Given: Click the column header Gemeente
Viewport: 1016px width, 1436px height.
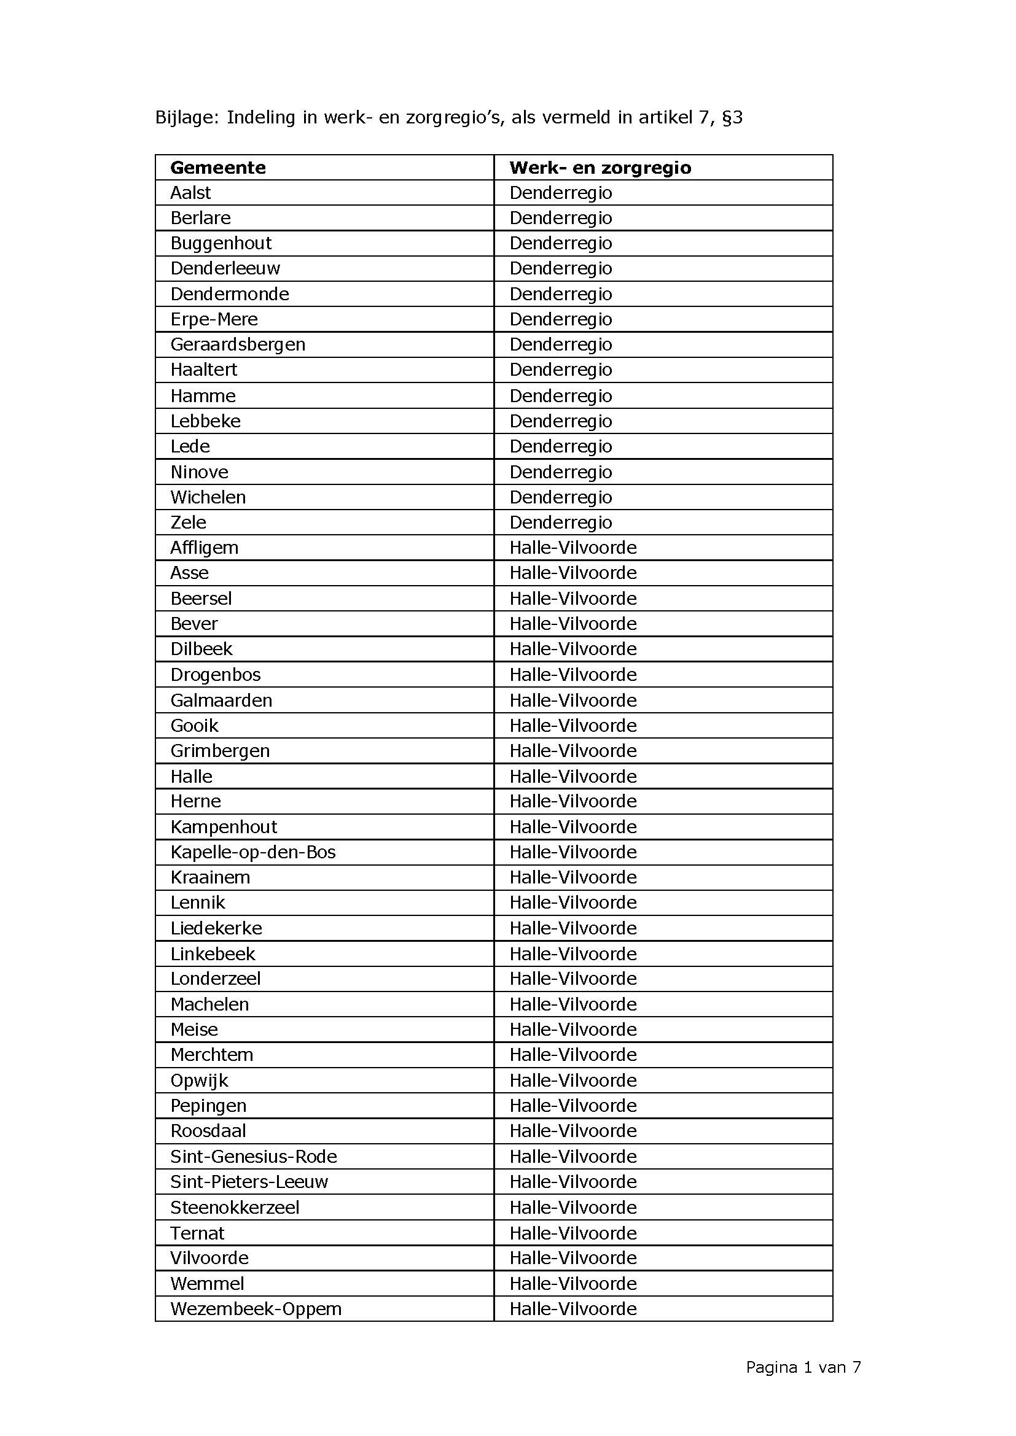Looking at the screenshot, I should (x=217, y=168).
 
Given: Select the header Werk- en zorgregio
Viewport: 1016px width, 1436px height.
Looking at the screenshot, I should (x=600, y=168).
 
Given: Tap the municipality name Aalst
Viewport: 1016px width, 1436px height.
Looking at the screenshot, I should (x=191, y=193).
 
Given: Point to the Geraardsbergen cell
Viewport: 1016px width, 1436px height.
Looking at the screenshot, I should (x=238, y=344).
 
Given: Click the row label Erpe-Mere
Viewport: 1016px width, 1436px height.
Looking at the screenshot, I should (x=214, y=319).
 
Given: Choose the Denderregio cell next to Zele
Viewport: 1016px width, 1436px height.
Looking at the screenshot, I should (x=561, y=522).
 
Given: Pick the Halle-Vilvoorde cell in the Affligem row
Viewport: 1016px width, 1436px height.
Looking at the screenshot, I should (x=572, y=548).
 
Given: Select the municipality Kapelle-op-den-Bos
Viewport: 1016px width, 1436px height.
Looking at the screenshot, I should (x=252, y=852).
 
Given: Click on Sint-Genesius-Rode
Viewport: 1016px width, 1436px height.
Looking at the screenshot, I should (x=253, y=1157).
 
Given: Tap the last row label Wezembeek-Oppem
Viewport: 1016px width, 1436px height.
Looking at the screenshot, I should (x=256, y=1308).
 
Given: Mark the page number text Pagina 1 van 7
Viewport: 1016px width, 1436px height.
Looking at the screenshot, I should (x=803, y=1367).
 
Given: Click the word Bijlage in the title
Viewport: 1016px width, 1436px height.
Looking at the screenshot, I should (x=187, y=118).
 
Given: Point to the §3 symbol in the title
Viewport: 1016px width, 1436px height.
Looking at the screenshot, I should (x=732, y=118).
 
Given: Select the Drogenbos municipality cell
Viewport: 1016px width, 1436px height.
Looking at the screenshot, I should (x=215, y=674).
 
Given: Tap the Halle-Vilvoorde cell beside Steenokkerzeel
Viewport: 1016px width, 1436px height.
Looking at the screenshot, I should (x=572, y=1207).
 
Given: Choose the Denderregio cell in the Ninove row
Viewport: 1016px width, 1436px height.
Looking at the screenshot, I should (x=561, y=472).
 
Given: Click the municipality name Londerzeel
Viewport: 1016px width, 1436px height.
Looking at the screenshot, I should (x=215, y=979).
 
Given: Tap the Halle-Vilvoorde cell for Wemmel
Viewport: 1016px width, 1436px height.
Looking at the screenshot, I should (x=572, y=1283).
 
